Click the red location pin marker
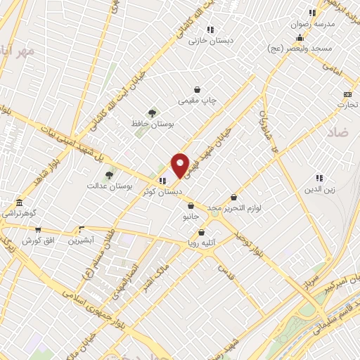coord(180,165)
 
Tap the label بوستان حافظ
coord(152,124)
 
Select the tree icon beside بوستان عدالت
coord(108,175)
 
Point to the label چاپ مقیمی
coord(198,101)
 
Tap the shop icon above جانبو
coord(191,207)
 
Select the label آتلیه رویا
coord(201,244)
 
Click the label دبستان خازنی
coord(205,41)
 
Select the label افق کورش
coord(38,241)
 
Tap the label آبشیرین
coord(82,240)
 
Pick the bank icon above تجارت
coord(347,94)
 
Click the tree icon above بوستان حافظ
coord(152,113)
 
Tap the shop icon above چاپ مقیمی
coord(198,90)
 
